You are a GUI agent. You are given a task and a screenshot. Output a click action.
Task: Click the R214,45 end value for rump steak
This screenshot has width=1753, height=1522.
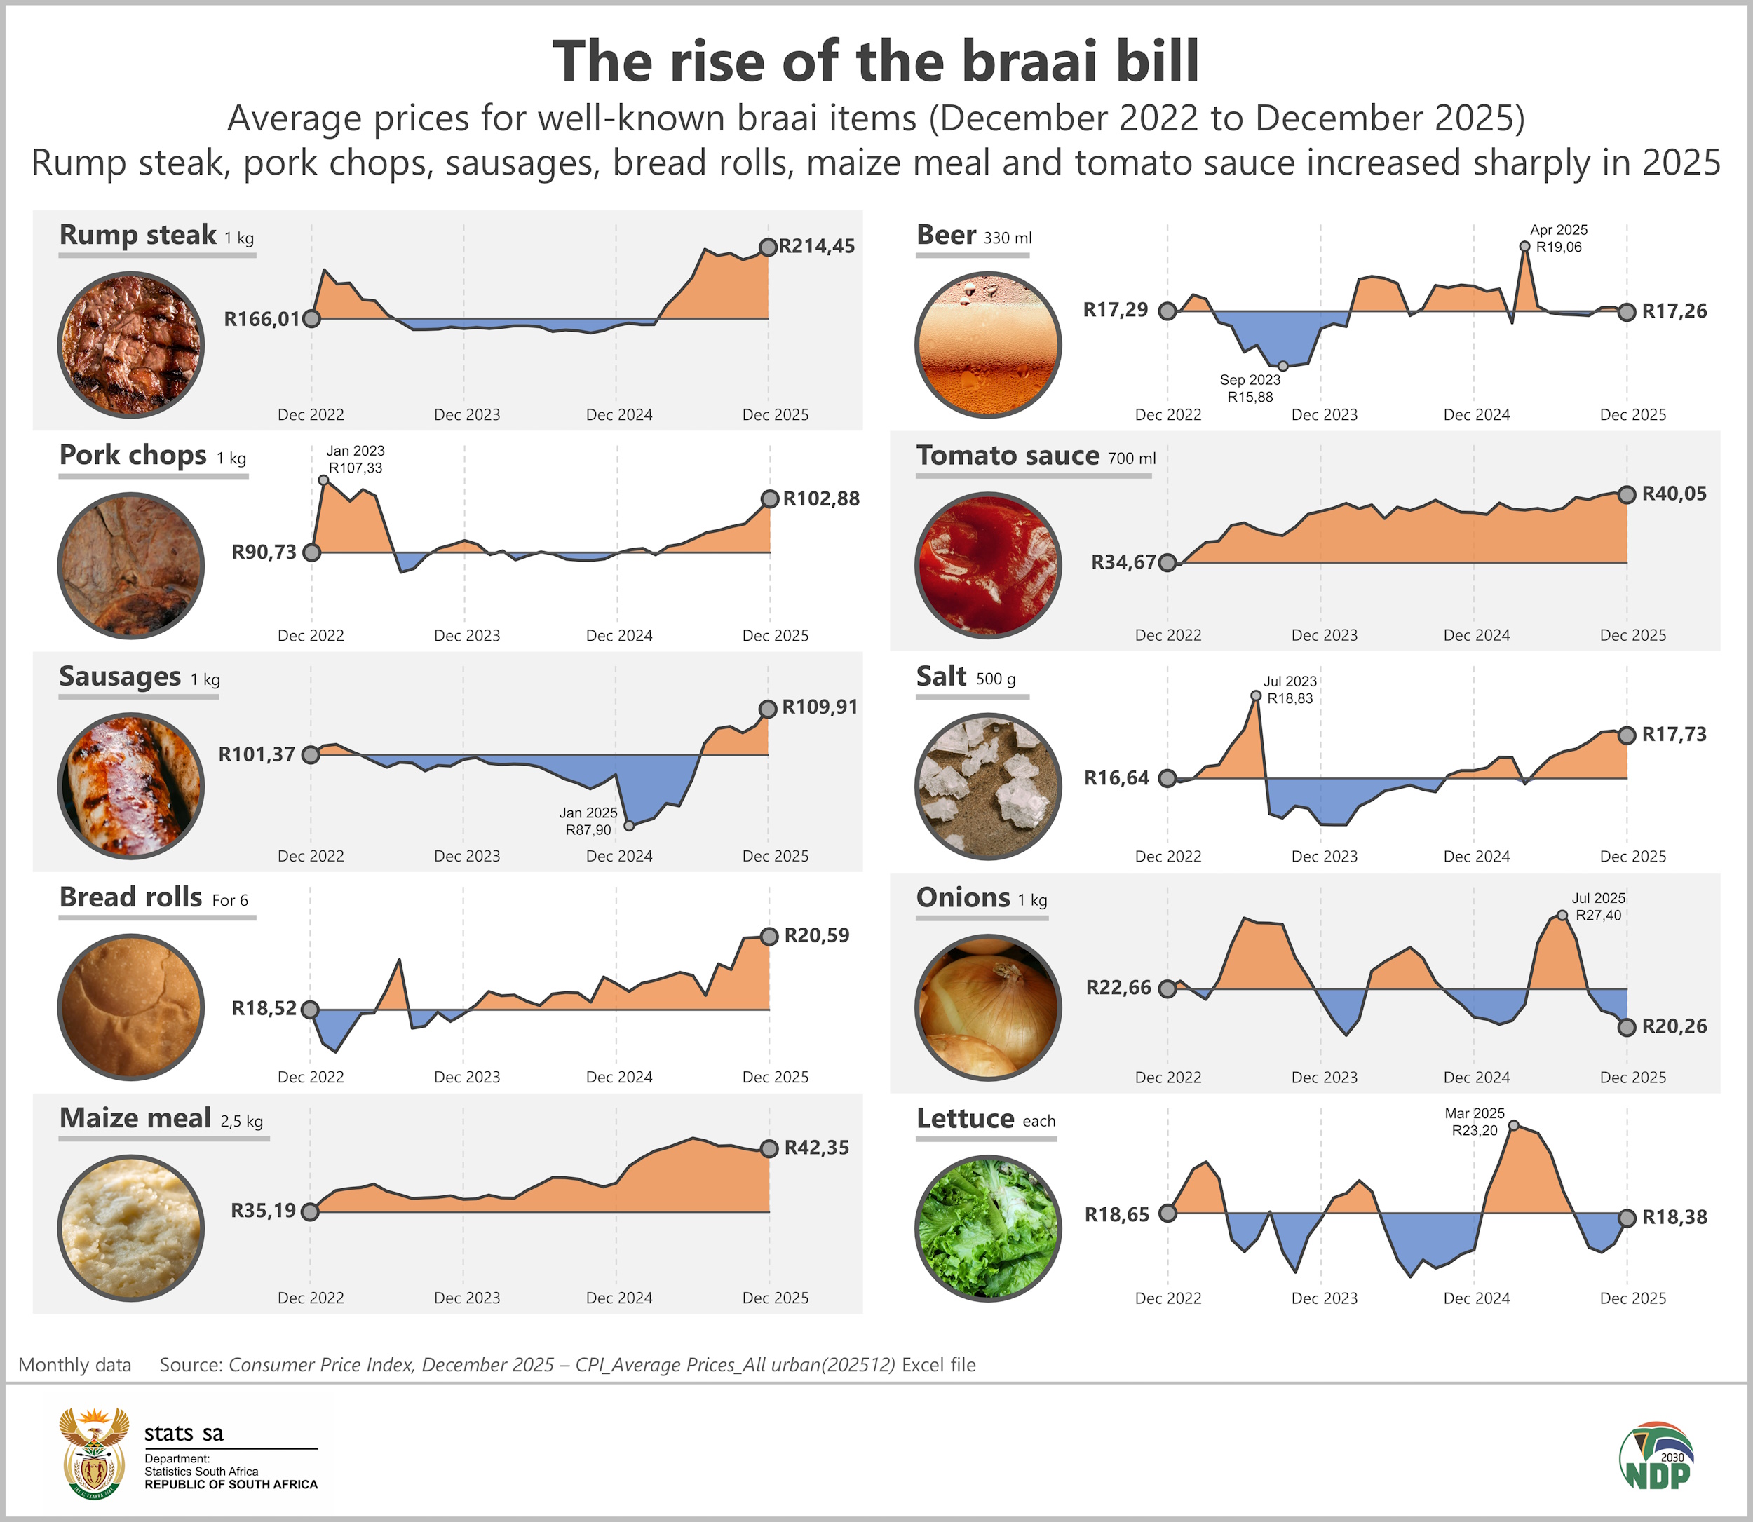click(x=816, y=246)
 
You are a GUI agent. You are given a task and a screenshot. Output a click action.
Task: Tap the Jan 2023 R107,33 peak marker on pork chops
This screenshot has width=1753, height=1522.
click(x=323, y=480)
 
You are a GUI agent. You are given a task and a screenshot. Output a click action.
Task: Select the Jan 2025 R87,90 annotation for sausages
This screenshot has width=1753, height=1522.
click(x=588, y=822)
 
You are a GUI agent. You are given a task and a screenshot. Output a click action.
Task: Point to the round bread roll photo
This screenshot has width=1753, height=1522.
click(x=131, y=1007)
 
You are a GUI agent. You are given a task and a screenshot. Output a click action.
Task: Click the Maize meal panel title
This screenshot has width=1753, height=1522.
click(x=135, y=1117)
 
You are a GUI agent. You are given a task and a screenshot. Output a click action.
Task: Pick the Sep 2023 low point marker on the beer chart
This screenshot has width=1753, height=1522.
click(x=1282, y=366)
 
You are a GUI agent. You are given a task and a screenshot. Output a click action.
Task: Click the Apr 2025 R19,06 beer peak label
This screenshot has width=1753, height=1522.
click(x=1559, y=238)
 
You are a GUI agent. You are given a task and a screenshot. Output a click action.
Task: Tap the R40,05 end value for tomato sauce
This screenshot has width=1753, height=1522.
click(x=1673, y=494)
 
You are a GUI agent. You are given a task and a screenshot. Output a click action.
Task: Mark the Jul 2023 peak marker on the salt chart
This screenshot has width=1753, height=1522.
click(x=1256, y=695)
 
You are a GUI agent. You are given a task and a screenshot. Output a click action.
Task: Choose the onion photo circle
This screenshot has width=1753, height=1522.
click(x=988, y=1007)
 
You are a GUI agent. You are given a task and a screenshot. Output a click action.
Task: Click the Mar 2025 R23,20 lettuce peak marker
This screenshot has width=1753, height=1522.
click(x=1513, y=1125)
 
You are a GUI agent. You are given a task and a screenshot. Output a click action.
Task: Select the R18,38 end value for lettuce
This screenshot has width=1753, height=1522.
click(x=1673, y=1217)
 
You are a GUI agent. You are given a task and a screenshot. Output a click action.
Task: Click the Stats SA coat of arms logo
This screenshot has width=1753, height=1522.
click(x=93, y=1453)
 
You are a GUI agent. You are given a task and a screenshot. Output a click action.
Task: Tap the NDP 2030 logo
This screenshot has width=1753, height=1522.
click(x=1656, y=1456)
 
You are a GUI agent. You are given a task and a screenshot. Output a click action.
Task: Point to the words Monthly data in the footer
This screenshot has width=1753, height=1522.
click(x=75, y=1365)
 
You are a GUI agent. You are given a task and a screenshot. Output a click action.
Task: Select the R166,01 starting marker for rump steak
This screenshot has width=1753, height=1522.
click(x=312, y=318)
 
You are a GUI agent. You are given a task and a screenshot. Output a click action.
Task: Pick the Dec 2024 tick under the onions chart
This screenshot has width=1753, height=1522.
click(x=1476, y=1077)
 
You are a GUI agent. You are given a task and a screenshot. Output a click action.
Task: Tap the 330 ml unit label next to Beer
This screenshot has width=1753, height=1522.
click(x=1008, y=238)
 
